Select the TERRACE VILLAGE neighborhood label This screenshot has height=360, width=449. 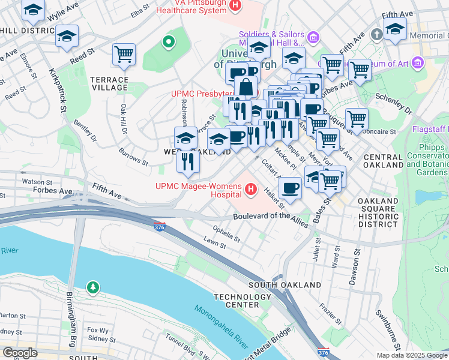point(109,83)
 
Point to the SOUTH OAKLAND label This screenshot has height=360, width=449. point(284,284)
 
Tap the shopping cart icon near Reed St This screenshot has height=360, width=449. point(124,55)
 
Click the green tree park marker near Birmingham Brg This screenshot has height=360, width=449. point(92,288)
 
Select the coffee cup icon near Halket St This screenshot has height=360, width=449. point(291,188)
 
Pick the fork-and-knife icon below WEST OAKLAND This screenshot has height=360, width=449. point(188,162)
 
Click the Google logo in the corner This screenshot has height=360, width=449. point(19,353)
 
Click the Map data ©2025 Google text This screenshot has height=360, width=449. point(412,355)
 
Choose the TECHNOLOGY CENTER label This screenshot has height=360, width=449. point(243,301)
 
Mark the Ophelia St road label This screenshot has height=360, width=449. point(227,234)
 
